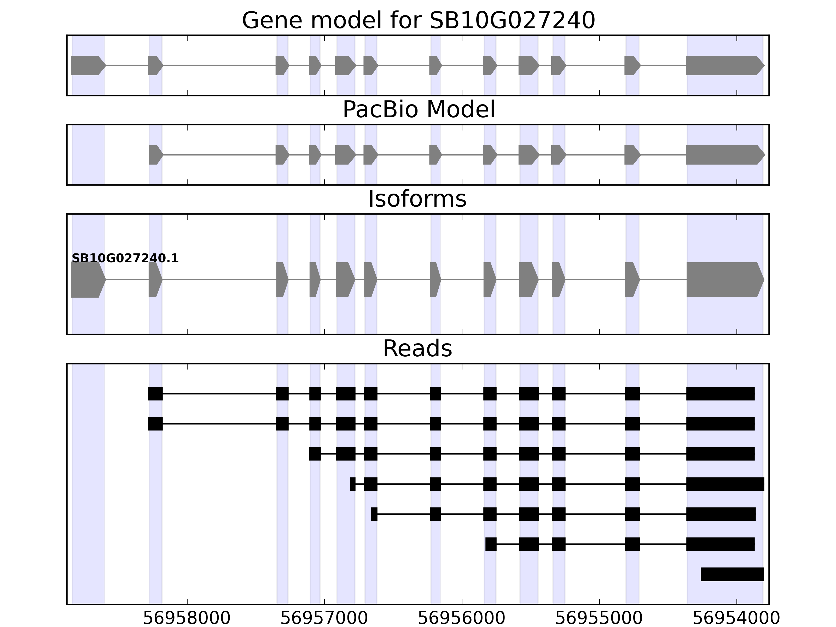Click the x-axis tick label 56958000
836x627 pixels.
click(187, 618)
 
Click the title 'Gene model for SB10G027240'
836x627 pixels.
click(418, 20)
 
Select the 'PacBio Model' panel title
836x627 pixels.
click(418, 110)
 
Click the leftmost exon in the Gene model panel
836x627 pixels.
click(87, 65)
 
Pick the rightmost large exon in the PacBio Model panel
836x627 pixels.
click(724, 155)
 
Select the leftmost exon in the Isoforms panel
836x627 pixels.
click(87, 280)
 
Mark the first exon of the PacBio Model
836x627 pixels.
click(155, 155)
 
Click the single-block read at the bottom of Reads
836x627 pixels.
click(732, 574)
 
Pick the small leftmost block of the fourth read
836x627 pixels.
click(353, 484)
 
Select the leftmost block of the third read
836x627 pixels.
click(315, 454)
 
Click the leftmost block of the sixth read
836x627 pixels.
click(491, 544)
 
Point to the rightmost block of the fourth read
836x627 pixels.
click(725, 484)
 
